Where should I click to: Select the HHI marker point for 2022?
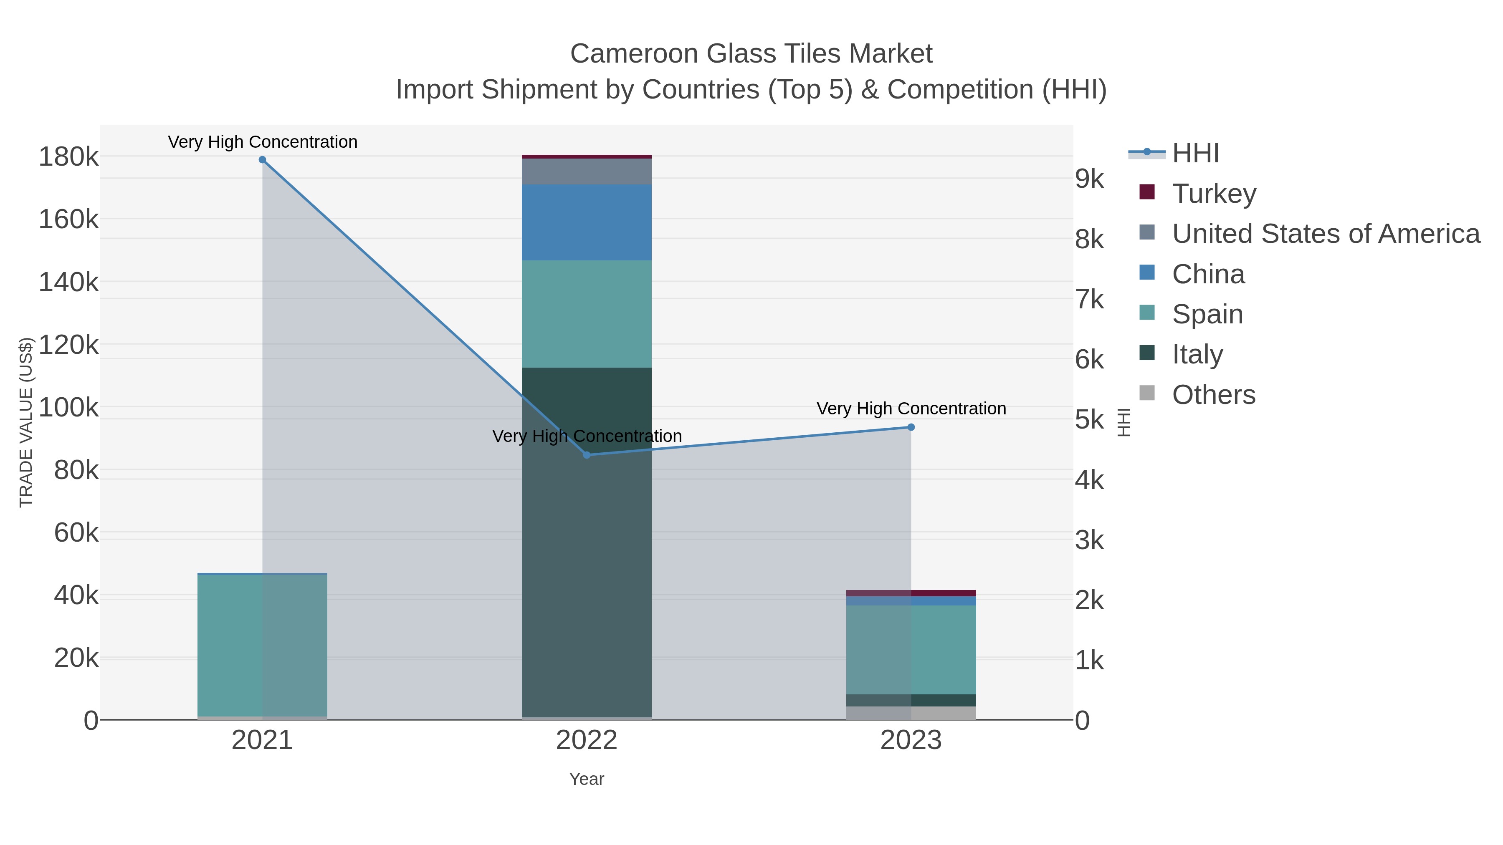(587, 455)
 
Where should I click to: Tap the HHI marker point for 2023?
(911, 427)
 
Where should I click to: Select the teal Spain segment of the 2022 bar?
(587, 314)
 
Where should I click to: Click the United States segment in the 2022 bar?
(587, 172)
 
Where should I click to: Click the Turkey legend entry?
(1214, 194)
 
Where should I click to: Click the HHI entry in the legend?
(1195, 154)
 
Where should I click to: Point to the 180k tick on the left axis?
(68, 157)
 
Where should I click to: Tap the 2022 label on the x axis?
(587, 741)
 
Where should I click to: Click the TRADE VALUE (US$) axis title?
(26, 422)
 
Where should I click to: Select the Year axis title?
(587, 779)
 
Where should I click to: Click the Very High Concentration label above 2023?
(911, 409)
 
